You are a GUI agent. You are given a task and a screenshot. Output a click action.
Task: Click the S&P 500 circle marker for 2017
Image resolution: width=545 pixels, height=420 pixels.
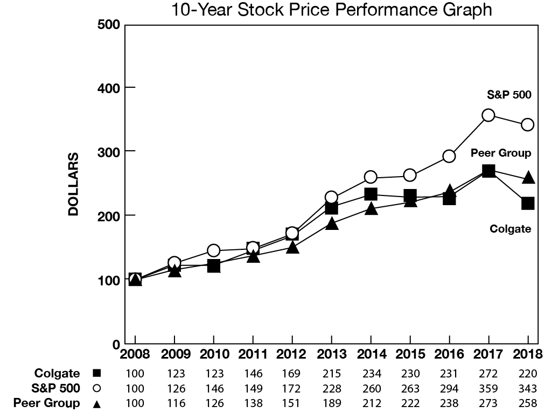[488, 115]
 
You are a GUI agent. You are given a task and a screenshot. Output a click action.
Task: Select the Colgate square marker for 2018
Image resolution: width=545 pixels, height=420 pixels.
[528, 204]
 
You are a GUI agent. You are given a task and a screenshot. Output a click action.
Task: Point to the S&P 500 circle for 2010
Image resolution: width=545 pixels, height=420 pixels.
[214, 250]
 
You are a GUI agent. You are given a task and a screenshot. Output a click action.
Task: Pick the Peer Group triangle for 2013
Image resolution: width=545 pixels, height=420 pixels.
[332, 223]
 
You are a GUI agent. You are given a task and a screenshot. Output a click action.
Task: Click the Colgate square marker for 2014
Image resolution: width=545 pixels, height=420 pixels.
[371, 194]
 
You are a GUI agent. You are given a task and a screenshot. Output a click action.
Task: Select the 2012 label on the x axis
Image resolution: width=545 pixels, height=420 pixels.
[292, 355]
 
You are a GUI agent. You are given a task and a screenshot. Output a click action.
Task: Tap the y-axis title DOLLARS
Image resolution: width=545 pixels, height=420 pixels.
[74, 184]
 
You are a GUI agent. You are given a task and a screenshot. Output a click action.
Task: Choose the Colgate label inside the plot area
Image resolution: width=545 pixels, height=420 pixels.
[510, 229]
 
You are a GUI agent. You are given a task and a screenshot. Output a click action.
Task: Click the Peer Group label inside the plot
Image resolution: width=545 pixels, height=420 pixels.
[501, 153]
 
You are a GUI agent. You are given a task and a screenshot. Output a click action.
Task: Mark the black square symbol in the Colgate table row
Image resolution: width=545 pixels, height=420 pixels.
[97, 373]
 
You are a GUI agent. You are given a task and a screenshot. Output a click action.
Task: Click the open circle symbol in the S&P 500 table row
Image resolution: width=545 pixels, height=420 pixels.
[97, 388]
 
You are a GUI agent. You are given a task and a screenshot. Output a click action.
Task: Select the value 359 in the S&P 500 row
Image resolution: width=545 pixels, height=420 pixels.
[488, 388]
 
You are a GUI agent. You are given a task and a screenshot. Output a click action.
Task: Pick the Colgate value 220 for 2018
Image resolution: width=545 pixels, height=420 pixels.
[528, 373]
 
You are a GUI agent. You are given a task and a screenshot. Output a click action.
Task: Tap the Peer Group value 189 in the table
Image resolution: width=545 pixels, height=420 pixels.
[332, 403]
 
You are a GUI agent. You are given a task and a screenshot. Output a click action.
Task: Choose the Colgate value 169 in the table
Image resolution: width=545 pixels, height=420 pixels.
[292, 373]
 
